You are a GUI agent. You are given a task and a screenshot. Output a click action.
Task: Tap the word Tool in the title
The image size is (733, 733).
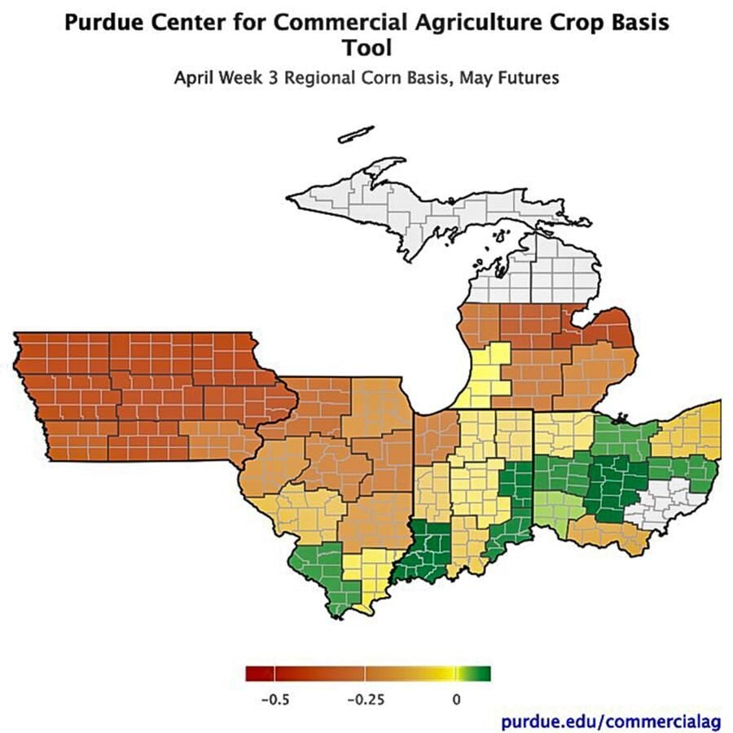click(366, 48)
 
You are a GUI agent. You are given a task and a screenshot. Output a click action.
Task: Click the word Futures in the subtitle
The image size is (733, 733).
click(532, 79)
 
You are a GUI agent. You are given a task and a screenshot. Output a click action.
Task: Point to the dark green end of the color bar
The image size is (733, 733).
click(482, 674)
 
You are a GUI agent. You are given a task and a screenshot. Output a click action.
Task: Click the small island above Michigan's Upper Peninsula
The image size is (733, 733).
click(356, 134)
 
